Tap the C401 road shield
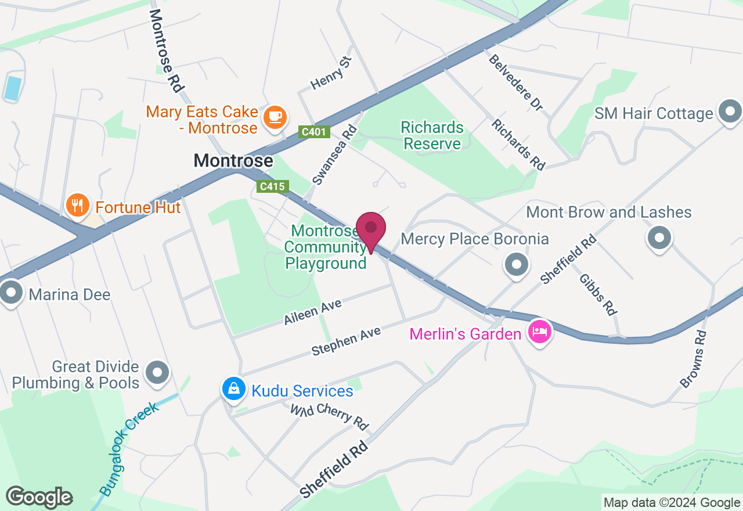[314, 132]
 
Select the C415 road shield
[272, 186]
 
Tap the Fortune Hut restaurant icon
[77, 206]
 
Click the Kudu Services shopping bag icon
[233, 388]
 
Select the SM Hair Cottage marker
[730, 112]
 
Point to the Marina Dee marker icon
[11, 293]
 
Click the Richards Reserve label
[433, 135]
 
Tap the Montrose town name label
[233, 160]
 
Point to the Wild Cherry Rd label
[330, 417]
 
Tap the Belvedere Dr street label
[515, 83]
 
